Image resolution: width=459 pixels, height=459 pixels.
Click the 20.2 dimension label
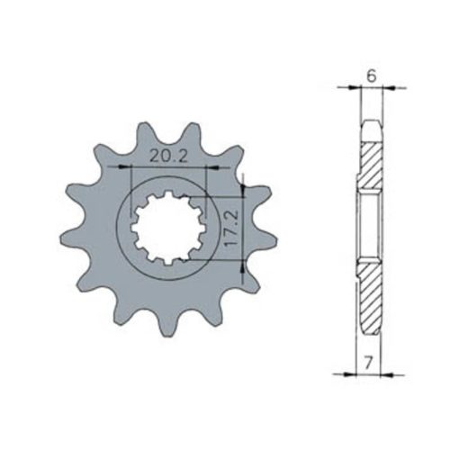coord(168,157)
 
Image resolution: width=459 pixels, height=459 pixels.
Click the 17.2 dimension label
coord(231,228)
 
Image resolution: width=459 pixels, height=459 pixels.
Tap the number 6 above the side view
coord(372,76)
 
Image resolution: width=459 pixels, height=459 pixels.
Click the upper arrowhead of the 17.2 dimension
coord(243,191)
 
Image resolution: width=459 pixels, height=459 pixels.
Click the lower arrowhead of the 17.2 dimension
coord(243,266)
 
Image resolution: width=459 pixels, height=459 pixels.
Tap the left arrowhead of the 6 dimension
coord(355,87)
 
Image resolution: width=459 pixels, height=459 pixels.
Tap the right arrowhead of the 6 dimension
coord(390,87)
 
